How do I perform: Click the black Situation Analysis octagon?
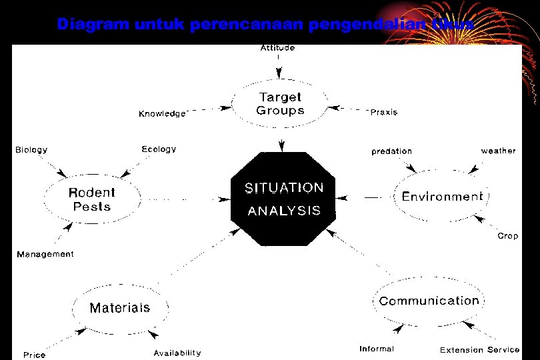(283, 199)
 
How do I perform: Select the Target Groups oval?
(280, 104)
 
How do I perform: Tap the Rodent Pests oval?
(92, 199)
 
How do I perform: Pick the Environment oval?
(442, 197)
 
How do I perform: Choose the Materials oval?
(120, 307)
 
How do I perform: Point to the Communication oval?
(429, 301)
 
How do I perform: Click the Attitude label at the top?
(277, 48)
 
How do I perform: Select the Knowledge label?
(162, 114)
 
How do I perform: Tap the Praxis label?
(383, 112)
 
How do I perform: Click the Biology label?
(32, 149)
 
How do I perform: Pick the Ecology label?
(159, 149)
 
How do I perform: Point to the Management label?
(45, 254)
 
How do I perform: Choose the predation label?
(391, 151)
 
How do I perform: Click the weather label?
(498, 151)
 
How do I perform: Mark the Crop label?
(507, 236)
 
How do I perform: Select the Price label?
(35, 355)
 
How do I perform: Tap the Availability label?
(177, 353)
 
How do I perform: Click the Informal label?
(377, 349)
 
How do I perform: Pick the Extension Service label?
(479, 349)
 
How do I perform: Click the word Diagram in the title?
(93, 25)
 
